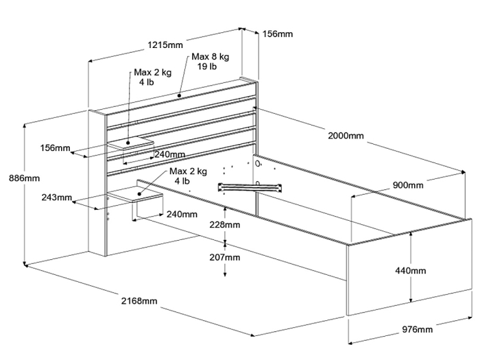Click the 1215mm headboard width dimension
[x=165, y=45]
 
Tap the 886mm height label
[x=24, y=178]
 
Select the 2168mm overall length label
[x=139, y=301]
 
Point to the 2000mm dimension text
[x=346, y=136]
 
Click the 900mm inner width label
[x=408, y=185]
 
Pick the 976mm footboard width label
[x=417, y=329]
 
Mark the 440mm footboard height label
[x=411, y=271]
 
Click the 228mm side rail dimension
[x=225, y=225]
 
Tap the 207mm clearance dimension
[x=225, y=257]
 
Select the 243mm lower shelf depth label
[x=57, y=197]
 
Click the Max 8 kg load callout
[x=211, y=57]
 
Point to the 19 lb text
[x=207, y=66]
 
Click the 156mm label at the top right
[x=277, y=34]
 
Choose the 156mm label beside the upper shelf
[x=56, y=148]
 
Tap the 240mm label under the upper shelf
[x=169, y=154]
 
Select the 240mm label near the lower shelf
[x=182, y=214]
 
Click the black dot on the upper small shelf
[x=128, y=143]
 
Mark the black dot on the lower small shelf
[x=139, y=194]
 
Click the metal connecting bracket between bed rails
[x=250, y=187]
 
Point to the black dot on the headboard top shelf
[x=180, y=95]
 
